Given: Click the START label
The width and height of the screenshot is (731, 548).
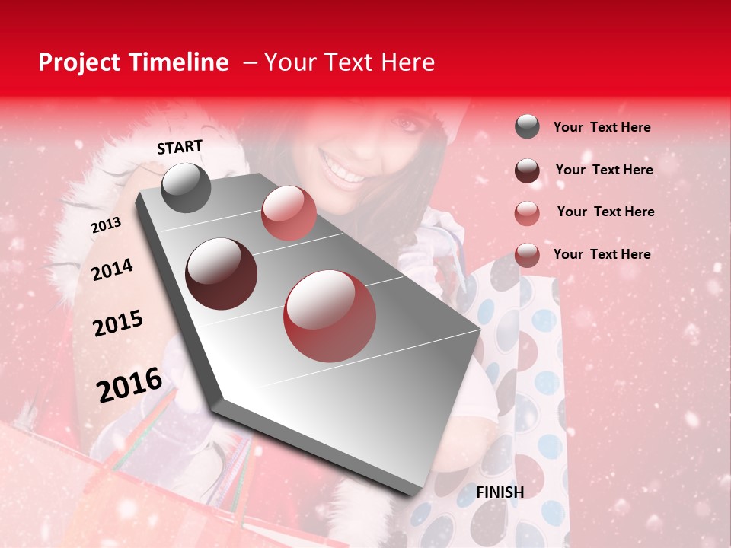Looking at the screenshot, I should [x=180, y=147].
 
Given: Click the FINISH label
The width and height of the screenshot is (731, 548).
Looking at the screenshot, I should [x=500, y=492].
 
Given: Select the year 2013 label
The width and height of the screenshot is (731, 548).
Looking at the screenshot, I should [x=106, y=225].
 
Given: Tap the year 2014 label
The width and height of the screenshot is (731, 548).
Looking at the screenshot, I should [x=112, y=269].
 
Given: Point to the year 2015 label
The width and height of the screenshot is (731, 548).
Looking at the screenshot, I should [x=118, y=323].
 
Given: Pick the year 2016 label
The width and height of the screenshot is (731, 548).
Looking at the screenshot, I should [x=129, y=385].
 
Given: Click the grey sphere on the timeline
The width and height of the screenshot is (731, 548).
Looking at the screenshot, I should [x=186, y=187].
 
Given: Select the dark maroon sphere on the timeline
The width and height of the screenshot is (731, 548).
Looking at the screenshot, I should [x=221, y=273].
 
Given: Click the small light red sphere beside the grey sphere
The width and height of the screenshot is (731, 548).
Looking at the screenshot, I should [x=289, y=213].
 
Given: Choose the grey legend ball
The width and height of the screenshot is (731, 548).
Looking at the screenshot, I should [x=527, y=127].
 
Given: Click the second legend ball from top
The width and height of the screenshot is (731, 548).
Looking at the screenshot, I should [x=527, y=170].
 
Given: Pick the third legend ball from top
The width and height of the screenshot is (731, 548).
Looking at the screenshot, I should [x=527, y=213].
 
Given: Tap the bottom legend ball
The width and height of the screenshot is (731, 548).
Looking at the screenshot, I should [x=527, y=255].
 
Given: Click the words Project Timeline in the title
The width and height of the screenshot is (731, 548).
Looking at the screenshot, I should [x=133, y=62].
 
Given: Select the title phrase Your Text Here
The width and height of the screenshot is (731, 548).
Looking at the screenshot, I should [x=350, y=62].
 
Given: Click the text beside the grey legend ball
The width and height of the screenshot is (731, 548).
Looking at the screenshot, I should [x=602, y=127].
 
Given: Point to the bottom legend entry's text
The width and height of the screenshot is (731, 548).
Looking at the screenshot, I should [x=602, y=254].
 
